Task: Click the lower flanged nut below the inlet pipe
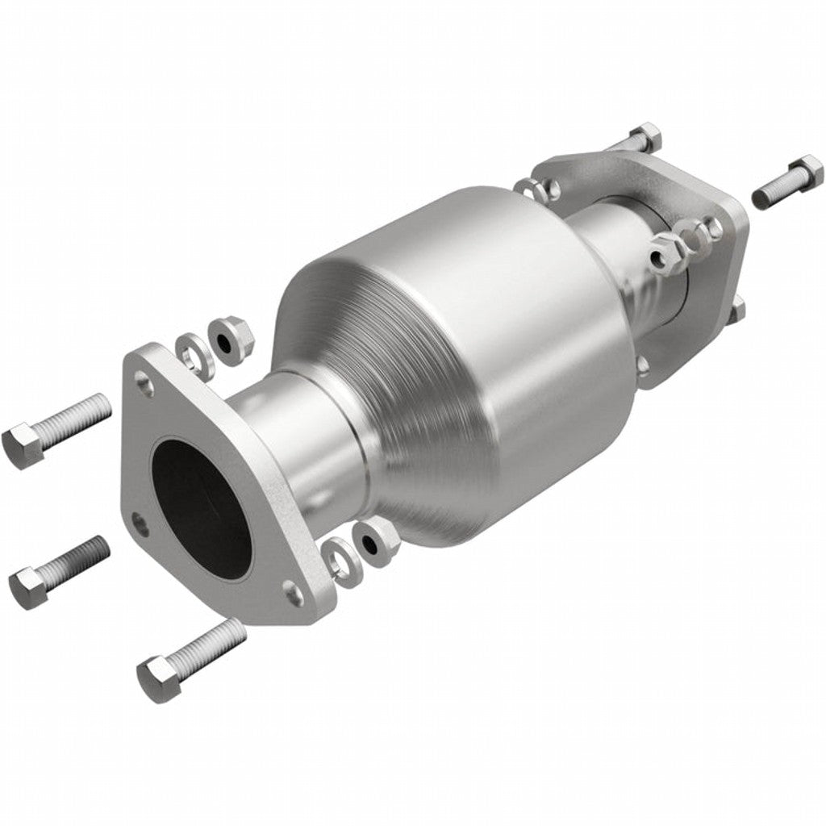tap(376, 542)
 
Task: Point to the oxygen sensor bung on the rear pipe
tap(674, 246)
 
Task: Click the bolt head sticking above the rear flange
tap(645, 137)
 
